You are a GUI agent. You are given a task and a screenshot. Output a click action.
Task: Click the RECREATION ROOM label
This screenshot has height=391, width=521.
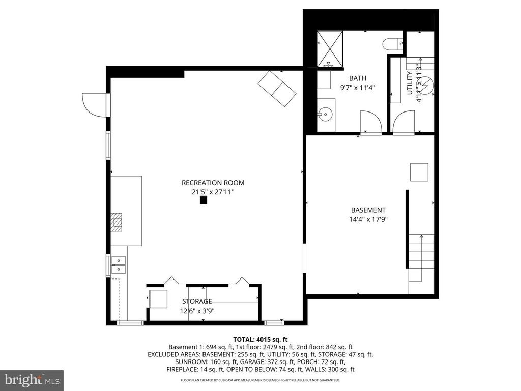click(x=213, y=183)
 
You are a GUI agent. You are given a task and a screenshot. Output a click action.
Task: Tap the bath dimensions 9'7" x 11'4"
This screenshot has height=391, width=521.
click(x=357, y=88)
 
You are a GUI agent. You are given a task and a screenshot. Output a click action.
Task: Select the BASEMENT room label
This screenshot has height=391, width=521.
click(x=368, y=210)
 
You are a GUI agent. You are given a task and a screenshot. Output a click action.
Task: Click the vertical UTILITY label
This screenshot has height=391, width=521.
click(x=410, y=83)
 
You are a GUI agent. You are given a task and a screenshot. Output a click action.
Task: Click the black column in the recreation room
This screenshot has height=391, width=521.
click(x=204, y=201)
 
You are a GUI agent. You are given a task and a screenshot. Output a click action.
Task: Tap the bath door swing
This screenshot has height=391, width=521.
click(x=370, y=122)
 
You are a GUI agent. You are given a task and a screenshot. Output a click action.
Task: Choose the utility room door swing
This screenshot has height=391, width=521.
click(x=404, y=122)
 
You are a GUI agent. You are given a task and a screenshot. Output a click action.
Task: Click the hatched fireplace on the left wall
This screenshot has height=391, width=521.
click(x=117, y=222)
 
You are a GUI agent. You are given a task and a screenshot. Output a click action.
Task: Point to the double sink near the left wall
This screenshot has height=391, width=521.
click(x=118, y=266)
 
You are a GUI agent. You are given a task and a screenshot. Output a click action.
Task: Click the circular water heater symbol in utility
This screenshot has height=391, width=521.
click(x=426, y=86)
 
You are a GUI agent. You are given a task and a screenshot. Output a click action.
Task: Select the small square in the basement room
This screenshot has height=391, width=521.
click(x=420, y=172)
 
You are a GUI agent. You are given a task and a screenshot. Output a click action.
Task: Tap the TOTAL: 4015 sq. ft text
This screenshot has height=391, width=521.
click(x=260, y=339)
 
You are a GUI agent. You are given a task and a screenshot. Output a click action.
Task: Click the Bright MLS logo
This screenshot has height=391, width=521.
click(x=32, y=380)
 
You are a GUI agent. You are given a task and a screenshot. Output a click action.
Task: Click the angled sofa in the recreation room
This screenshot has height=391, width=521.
click(x=277, y=89)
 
